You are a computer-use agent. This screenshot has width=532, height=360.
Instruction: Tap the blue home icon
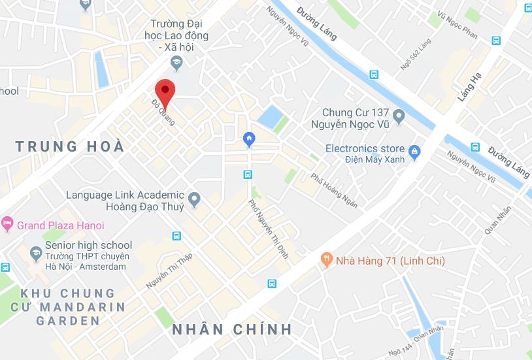point(248,139)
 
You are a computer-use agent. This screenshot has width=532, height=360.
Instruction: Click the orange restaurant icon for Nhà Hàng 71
point(327,261)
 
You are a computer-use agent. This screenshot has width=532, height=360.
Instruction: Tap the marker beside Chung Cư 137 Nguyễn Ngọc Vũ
point(400,118)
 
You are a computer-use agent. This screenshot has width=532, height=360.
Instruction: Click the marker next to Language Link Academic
point(194,199)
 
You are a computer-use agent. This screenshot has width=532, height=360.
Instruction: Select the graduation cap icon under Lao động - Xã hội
point(175,61)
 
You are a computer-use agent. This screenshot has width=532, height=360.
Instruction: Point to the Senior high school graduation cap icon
point(35,252)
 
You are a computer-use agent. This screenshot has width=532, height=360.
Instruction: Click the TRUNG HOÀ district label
point(70,146)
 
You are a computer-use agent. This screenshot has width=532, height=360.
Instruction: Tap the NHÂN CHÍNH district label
point(232,329)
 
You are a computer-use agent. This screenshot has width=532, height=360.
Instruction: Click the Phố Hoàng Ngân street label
point(334,191)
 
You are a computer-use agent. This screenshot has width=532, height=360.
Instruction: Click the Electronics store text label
point(365,149)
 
